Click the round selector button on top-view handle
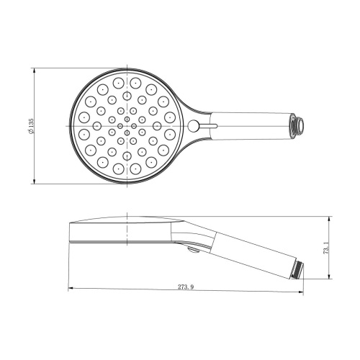194,127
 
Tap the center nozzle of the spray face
127,127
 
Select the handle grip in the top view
245,123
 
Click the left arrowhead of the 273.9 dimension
71,290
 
